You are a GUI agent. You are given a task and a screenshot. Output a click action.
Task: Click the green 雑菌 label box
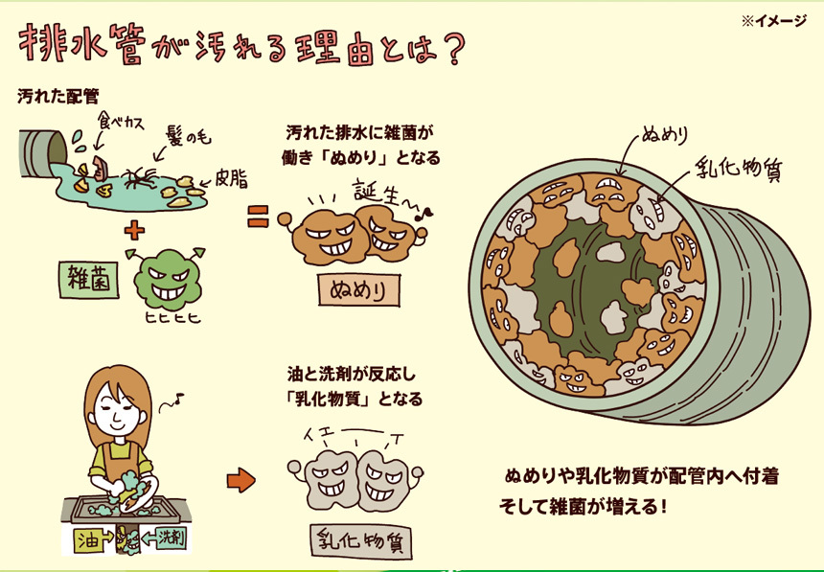(x=89, y=280)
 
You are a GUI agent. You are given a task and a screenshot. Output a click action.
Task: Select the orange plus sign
(x=134, y=230)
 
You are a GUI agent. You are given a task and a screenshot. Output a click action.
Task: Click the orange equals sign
(x=258, y=217)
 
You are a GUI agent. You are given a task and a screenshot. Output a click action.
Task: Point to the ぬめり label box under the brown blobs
(x=359, y=290)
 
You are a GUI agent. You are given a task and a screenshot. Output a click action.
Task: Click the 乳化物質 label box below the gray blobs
(x=361, y=541)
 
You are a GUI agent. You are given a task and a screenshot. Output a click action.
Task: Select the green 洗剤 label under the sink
(x=166, y=538)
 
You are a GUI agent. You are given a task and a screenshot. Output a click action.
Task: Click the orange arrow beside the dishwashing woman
(x=241, y=479)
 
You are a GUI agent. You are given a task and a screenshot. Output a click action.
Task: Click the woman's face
(x=118, y=408)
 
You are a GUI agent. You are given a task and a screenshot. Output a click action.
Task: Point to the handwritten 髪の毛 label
(x=188, y=138)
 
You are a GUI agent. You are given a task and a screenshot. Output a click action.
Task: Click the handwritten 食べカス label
(x=121, y=122)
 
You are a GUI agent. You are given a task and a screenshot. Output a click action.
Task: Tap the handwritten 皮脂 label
(x=231, y=179)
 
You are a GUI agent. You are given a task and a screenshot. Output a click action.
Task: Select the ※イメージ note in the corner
(x=773, y=20)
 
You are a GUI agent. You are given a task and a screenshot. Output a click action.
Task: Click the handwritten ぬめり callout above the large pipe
(x=665, y=135)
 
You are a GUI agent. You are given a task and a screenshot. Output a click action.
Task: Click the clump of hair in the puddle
(x=139, y=178)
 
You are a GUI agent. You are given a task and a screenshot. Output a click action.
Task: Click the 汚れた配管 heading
(x=57, y=96)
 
